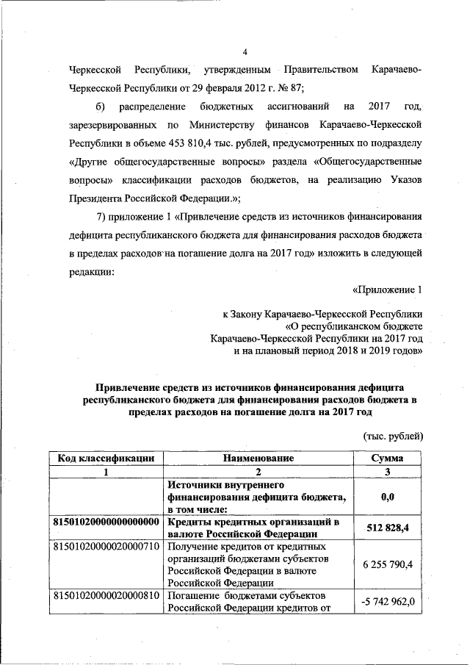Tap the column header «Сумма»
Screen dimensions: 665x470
pyautogui.click(x=388, y=458)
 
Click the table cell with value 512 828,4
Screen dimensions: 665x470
pyautogui.click(x=388, y=528)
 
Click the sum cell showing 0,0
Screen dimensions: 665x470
pyautogui.click(x=388, y=497)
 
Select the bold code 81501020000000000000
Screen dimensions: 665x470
pyautogui.click(x=106, y=522)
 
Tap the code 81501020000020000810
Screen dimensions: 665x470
pyautogui.click(x=106, y=594)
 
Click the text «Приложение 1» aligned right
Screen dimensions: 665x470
pyautogui.click(x=388, y=289)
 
